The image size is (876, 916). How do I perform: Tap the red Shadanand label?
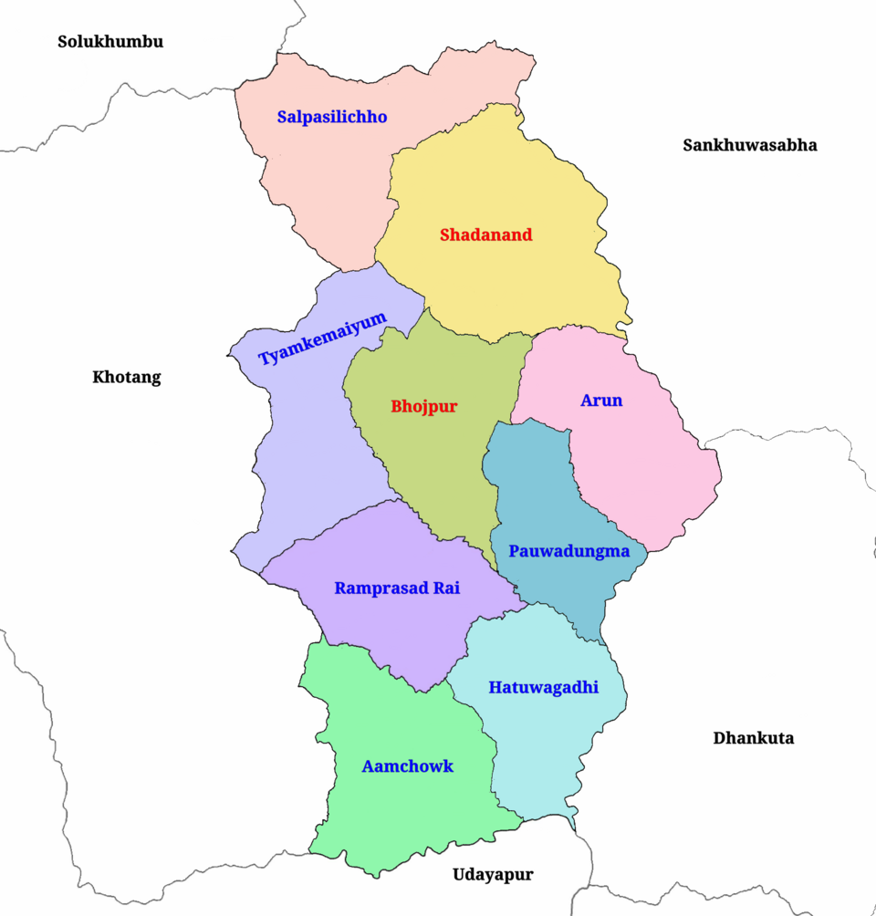point(485,234)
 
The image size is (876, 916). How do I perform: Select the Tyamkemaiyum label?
point(322,338)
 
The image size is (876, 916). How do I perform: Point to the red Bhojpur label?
point(423,406)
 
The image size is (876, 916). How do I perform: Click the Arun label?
point(601,400)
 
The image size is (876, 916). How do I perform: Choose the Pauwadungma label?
point(569,551)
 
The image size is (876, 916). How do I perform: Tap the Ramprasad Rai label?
point(397,588)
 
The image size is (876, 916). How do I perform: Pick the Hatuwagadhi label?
point(543,687)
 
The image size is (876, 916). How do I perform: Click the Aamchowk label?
point(407,765)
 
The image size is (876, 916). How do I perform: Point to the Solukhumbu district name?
point(110,41)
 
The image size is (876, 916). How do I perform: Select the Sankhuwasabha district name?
point(749,144)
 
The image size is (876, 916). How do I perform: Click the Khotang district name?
point(126,377)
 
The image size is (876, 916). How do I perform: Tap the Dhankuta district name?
point(753,737)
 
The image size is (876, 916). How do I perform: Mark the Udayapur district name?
point(493,874)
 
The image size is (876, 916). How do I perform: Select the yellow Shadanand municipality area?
point(511,283)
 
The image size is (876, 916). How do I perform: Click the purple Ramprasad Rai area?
point(401,630)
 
